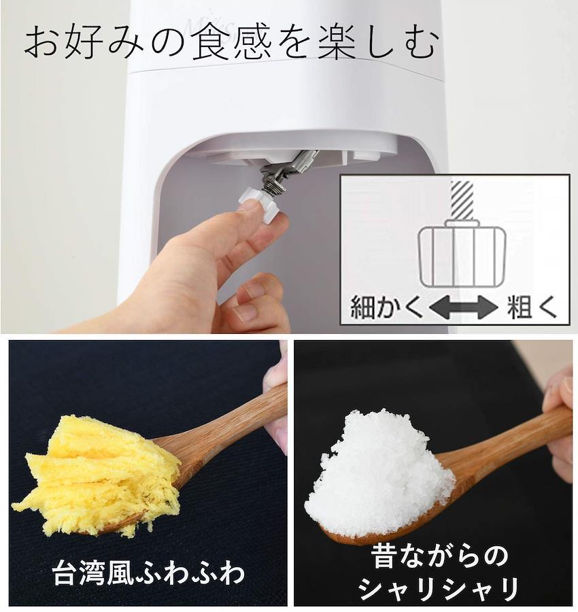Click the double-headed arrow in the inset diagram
[x=463, y=307]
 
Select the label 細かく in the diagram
[x=386, y=307]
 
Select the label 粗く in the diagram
[x=532, y=307]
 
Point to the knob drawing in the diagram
[x=462, y=253]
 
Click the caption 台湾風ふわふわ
[x=149, y=573]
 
